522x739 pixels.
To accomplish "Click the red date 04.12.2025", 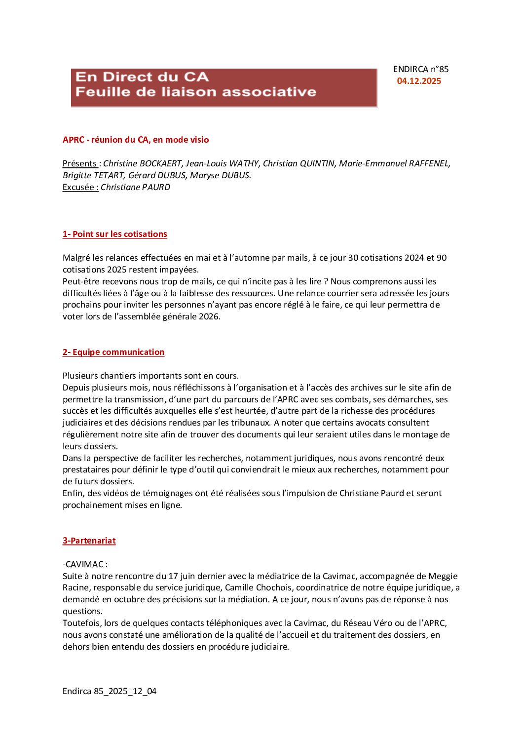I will click(419, 81).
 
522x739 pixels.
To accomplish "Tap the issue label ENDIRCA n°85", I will click(421, 70).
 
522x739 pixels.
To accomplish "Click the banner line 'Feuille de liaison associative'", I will click(196, 92).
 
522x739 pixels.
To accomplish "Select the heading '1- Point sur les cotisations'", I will click(115, 234).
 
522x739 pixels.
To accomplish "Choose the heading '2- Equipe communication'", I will click(113, 352).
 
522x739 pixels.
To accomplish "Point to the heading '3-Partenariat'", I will click(89, 541).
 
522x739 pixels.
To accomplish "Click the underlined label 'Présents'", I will click(79, 163).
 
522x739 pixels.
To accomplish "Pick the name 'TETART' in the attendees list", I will click(110, 175).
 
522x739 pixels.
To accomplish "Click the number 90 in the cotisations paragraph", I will click(442, 258).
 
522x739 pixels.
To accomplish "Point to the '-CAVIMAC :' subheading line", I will click(85, 564).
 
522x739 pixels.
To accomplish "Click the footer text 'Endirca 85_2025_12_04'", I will click(110, 691).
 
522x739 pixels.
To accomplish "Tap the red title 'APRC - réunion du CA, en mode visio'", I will click(136, 140).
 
